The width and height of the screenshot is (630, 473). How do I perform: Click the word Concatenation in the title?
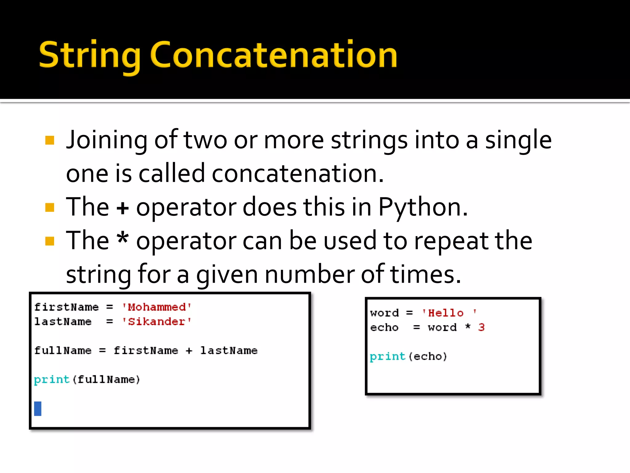(x=274, y=55)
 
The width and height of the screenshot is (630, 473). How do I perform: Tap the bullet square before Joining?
(x=50, y=140)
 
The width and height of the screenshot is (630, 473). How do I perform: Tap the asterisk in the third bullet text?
(x=123, y=239)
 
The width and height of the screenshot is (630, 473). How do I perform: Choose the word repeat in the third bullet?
(x=451, y=241)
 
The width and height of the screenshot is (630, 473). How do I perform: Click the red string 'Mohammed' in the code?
(x=157, y=307)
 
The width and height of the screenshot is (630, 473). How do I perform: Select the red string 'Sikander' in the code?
(x=157, y=321)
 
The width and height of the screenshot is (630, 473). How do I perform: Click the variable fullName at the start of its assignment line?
(x=63, y=350)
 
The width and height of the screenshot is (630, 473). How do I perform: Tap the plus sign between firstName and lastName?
(x=189, y=350)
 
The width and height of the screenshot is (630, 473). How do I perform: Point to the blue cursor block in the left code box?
(x=38, y=409)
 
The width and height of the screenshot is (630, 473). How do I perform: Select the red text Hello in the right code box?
(x=446, y=313)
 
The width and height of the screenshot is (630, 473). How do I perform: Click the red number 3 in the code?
(x=481, y=327)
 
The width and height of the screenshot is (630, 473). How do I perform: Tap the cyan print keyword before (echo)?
(x=388, y=357)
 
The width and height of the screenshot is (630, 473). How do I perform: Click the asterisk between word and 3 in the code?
(x=468, y=326)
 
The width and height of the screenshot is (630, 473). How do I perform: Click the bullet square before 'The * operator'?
(x=50, y=241)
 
